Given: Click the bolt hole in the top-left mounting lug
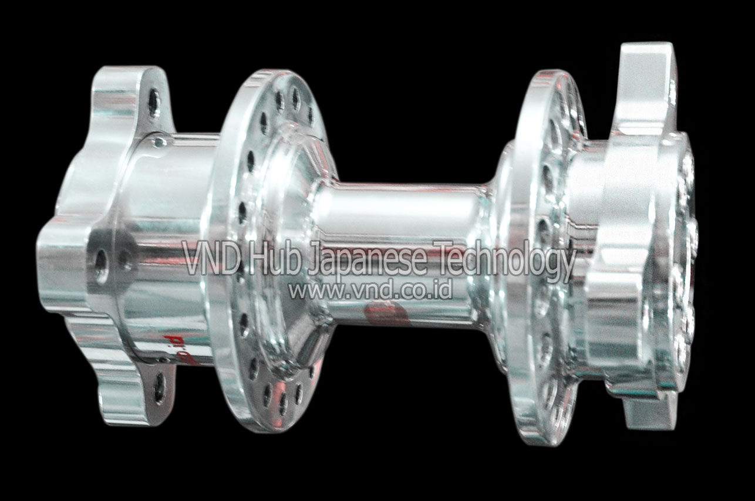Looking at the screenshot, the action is point(154,103).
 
